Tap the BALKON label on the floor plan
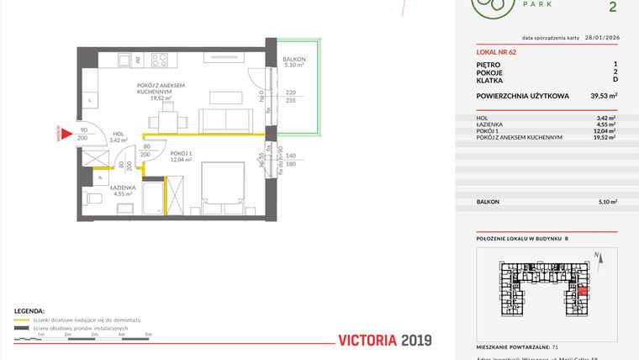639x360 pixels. (x=294, y=61)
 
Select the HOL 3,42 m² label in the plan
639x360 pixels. (x=119, y=137)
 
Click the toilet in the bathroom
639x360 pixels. (x=94, y=199)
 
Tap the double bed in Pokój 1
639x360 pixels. (x=220, y=185)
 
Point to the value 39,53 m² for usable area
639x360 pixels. (x=604, y=96)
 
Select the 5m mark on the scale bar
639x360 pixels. (x=149, y=335)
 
